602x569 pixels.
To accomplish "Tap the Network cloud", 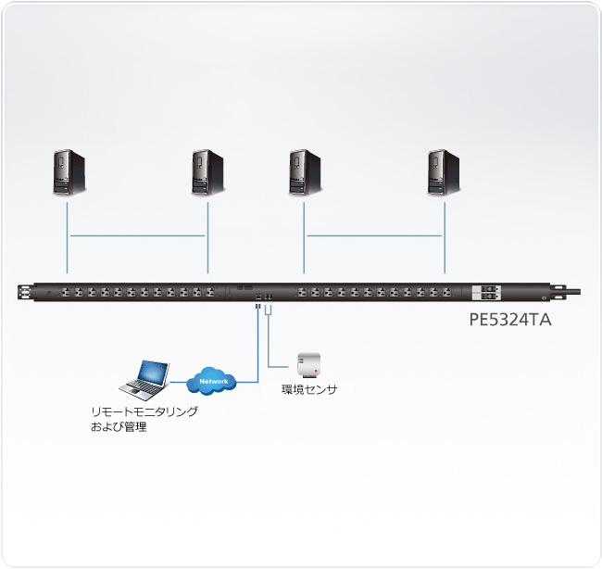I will click(212, 381).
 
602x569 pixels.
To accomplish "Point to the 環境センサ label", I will click(309, 390).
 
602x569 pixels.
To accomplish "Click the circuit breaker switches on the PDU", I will click(487, 293).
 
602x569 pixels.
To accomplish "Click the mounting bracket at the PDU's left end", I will click(22, 293).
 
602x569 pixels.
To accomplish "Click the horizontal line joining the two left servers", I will click(138, 236).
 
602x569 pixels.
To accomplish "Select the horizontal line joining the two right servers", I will click(375, 236).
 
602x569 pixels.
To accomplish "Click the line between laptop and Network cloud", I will click(178, 381).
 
